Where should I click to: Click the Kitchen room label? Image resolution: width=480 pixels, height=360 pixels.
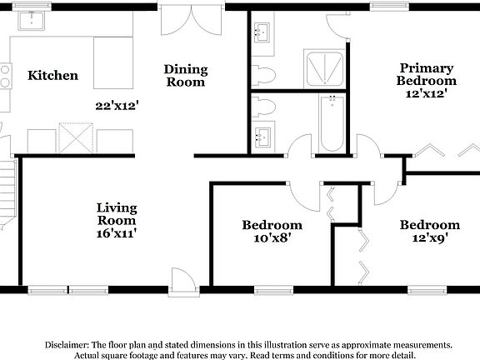tap(53, 76)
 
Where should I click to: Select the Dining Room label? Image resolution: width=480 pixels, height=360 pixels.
tap(185, 76)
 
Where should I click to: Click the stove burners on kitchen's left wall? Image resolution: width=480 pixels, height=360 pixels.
tap(3, 77)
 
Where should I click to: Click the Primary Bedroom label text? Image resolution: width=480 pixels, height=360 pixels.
tap(426, 75)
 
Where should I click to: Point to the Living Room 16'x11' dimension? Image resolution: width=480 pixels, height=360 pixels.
tap(116, 234)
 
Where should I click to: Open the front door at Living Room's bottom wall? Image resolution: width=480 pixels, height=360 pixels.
tap(182, 280)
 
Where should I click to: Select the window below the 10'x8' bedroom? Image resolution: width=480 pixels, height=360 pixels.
tap(270, 290)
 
